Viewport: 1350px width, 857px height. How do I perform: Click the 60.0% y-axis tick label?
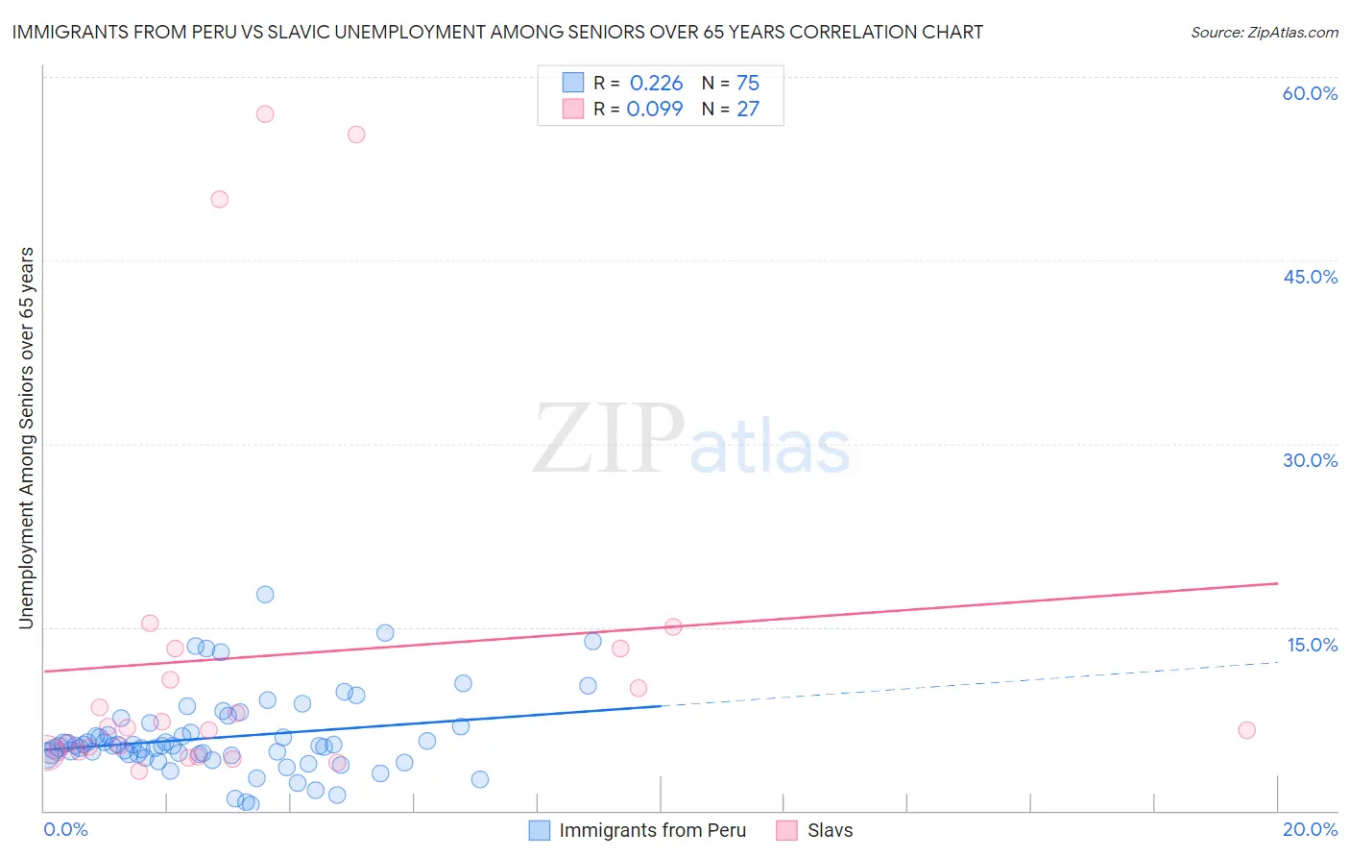(1310, 93)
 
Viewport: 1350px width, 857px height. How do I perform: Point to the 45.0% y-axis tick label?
(1310, 277)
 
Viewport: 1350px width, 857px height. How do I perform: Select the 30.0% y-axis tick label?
(1310, 460)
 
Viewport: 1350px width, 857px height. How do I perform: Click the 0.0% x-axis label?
(65, 829)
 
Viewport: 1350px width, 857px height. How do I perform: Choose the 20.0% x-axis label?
(1310, 829)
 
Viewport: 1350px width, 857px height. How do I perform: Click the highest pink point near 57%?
(265, 114)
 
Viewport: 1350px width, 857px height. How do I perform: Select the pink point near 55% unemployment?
(356, 135)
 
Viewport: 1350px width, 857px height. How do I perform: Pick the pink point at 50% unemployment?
(220, 200)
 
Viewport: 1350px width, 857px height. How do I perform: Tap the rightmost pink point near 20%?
(1246, 730)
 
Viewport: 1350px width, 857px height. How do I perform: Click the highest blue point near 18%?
(265, 595)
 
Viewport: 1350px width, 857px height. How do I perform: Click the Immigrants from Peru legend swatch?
(541, 830)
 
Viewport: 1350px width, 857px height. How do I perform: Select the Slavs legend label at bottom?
(830, 830)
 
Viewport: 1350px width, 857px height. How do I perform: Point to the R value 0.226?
(656, 83)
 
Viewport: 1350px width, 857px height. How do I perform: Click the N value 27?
(747, 109)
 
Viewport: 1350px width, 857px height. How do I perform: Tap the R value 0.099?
(655, 109)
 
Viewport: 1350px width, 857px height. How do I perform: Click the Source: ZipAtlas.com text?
(1264, 32)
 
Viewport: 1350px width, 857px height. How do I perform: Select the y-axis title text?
(26, 438)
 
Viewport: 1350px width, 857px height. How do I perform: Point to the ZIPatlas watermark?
(691, 440)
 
